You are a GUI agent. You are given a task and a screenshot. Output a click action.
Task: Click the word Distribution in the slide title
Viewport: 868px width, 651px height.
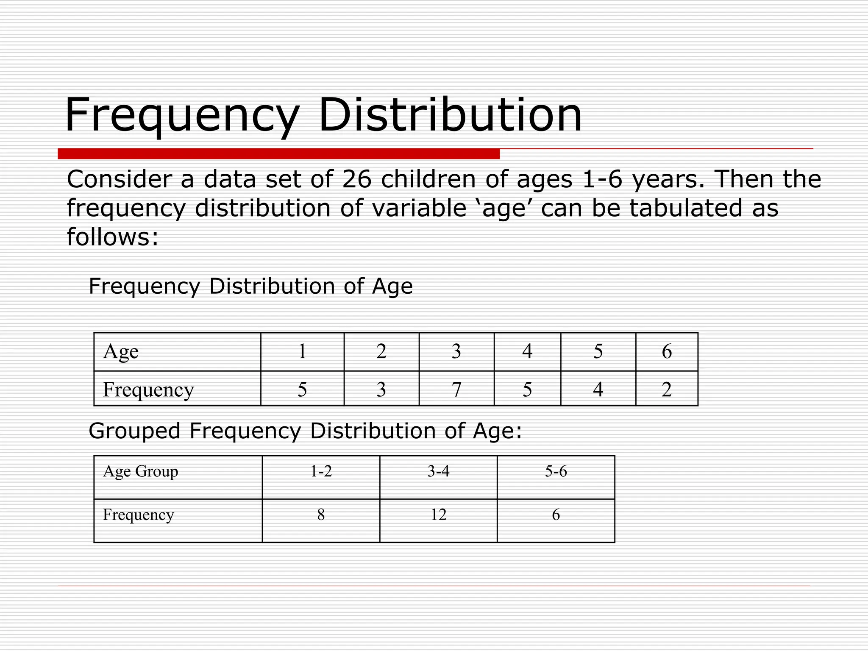[450, 115]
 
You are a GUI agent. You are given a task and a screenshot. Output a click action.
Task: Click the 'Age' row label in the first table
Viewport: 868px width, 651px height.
[121, 351]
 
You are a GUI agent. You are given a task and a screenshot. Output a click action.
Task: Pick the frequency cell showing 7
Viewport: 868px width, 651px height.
[456, 389]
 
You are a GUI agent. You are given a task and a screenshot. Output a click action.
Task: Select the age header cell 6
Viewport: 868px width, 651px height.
[667, 351]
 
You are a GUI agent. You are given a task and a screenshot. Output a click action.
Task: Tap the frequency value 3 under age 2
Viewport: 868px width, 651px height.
[381, 389]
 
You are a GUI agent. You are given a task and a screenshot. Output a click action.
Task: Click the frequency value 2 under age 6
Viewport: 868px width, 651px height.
[667, 389]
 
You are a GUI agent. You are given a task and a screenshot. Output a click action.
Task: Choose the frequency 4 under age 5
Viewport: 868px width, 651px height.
[598, 389]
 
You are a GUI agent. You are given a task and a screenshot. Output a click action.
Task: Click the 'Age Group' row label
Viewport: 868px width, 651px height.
[140, 471]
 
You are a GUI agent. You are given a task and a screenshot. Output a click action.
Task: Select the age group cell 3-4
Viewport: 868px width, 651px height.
[438, 471]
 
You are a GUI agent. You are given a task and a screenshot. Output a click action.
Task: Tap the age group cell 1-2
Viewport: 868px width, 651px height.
[321, 471]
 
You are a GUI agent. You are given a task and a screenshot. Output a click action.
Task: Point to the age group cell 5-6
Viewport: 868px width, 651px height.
[556, 471]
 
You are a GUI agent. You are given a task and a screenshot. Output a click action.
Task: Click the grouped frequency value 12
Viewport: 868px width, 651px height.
[438, 515]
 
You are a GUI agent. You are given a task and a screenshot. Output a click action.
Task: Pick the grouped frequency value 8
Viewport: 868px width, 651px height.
[321, 515]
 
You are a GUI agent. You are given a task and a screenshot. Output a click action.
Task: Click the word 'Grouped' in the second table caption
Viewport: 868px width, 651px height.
[134, 431]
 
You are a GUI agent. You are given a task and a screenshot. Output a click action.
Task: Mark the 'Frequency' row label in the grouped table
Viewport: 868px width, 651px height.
[138, 515]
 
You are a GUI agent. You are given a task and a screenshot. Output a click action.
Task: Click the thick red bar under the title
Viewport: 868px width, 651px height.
[278, 154]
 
